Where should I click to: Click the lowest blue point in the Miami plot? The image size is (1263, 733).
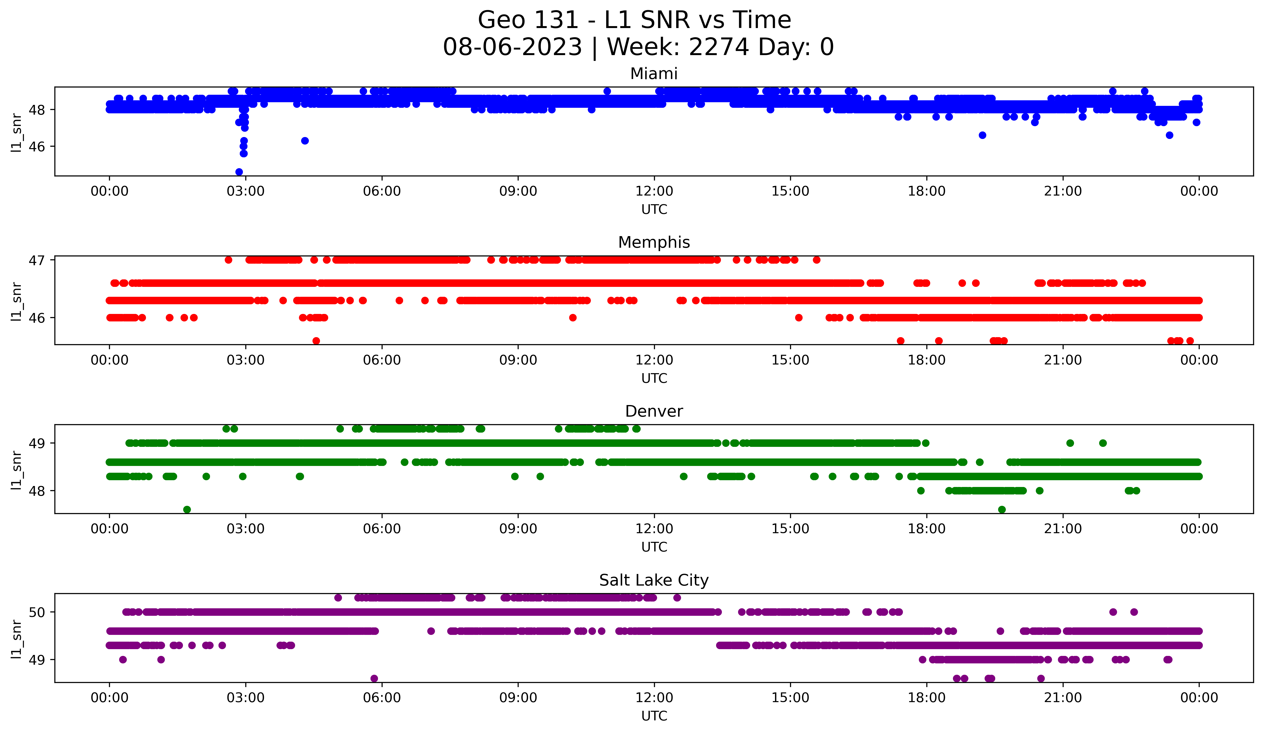point(239,172)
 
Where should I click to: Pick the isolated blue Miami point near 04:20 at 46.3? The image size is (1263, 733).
point(305,141)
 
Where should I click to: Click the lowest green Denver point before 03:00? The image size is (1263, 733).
point(187,509)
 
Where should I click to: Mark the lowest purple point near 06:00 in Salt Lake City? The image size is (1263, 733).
point(374,678)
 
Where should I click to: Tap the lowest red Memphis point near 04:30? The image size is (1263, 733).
point(316,341)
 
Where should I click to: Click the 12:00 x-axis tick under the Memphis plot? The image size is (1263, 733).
point(654,360)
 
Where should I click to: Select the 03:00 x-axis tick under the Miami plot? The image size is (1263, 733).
point(246,191)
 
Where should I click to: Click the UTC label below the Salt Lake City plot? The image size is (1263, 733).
point(654,716)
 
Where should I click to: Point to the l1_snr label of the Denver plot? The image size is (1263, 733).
point(16,470)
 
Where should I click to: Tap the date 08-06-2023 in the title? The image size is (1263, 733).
point(512,47)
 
